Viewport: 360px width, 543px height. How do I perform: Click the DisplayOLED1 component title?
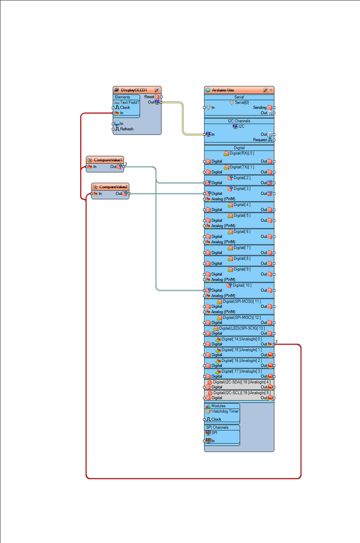134,90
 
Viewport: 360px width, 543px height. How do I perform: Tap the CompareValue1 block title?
108,160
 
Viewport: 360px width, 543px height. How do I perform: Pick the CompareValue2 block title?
114,187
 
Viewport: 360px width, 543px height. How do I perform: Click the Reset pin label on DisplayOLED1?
149,97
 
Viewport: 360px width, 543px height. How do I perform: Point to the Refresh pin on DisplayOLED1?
126,129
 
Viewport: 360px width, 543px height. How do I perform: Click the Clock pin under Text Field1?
124,107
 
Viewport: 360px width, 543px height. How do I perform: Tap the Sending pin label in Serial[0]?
259,107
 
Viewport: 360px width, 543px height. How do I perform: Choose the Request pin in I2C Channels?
260,139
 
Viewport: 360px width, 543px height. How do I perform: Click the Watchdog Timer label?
225,411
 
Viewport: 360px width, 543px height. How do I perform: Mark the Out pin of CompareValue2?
119,194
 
